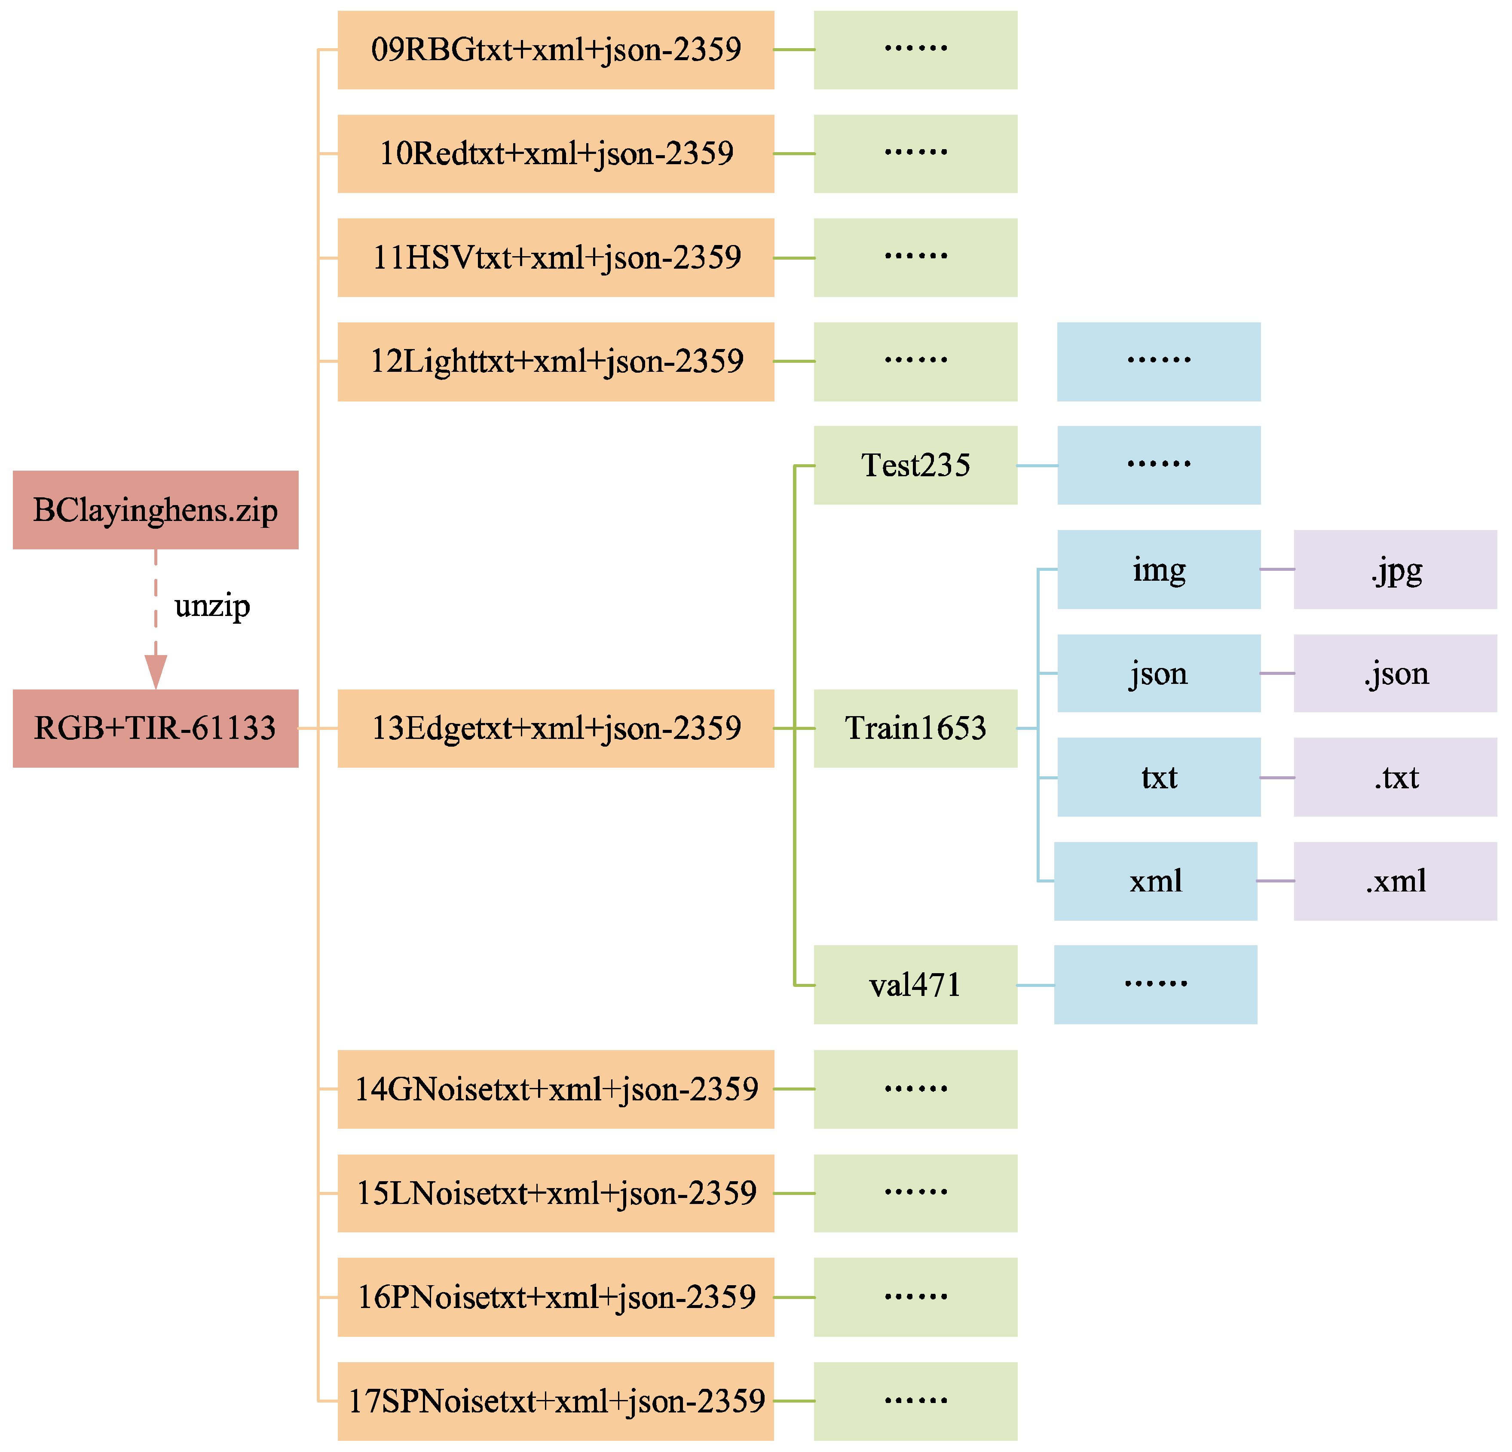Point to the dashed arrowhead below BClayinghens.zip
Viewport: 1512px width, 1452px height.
click(x=156, y=671)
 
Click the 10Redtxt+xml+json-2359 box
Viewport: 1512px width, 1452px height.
click(x=555, y=153)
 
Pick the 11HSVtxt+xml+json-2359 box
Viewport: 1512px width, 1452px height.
click(x=555, y=257)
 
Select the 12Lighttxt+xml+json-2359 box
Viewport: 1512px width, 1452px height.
click(x=555, y=361)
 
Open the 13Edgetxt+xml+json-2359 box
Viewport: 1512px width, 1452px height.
click(x=555, y=728)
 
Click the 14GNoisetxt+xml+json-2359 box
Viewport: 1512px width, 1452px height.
click(x=555, y=1089)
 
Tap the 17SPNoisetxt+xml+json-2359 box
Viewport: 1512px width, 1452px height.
click(x=555, y=1400)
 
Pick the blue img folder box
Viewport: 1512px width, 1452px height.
click(x=1159, y=570)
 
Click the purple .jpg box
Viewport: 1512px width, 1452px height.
click(x=1395, y=570)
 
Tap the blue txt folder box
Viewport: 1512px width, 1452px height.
click(x=1159, y=777)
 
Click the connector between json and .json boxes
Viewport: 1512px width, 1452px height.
click(x=1277, y=674)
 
